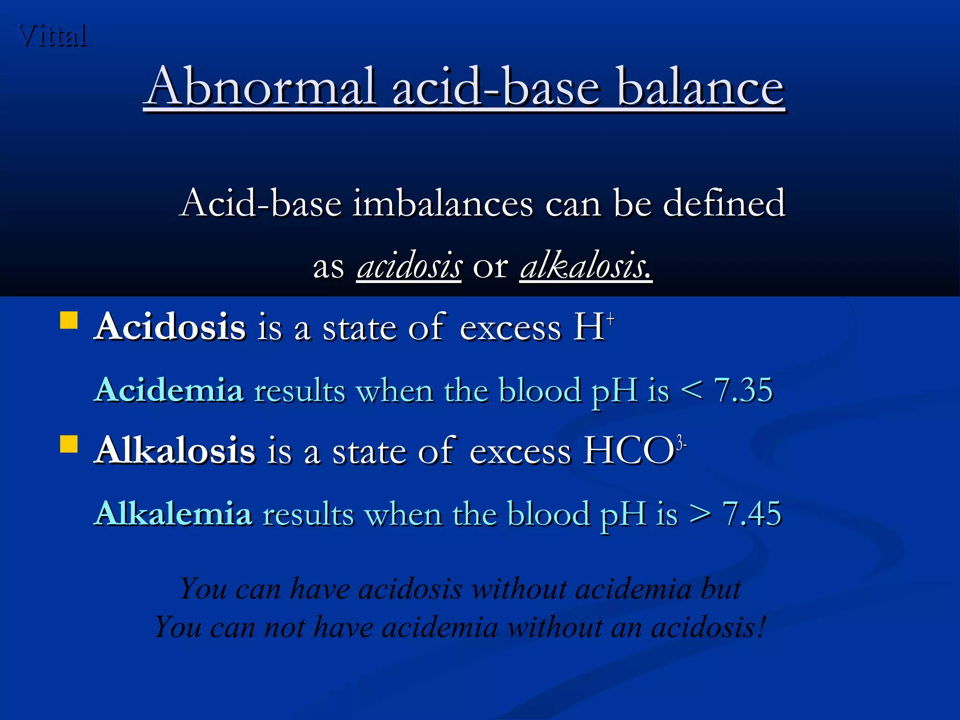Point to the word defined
coord(724,203)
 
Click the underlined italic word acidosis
coord(409,266)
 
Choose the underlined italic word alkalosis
coord(586,266)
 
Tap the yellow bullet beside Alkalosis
coord(69,443)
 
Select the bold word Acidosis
coord(170,327)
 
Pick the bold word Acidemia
coord(169,390)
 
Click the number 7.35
coord(743,390)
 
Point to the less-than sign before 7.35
coord(692,390)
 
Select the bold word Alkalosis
coord(175,450)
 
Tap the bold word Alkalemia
coord(173,513)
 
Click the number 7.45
coord(752,514)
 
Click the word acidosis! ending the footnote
coord(708,627)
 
